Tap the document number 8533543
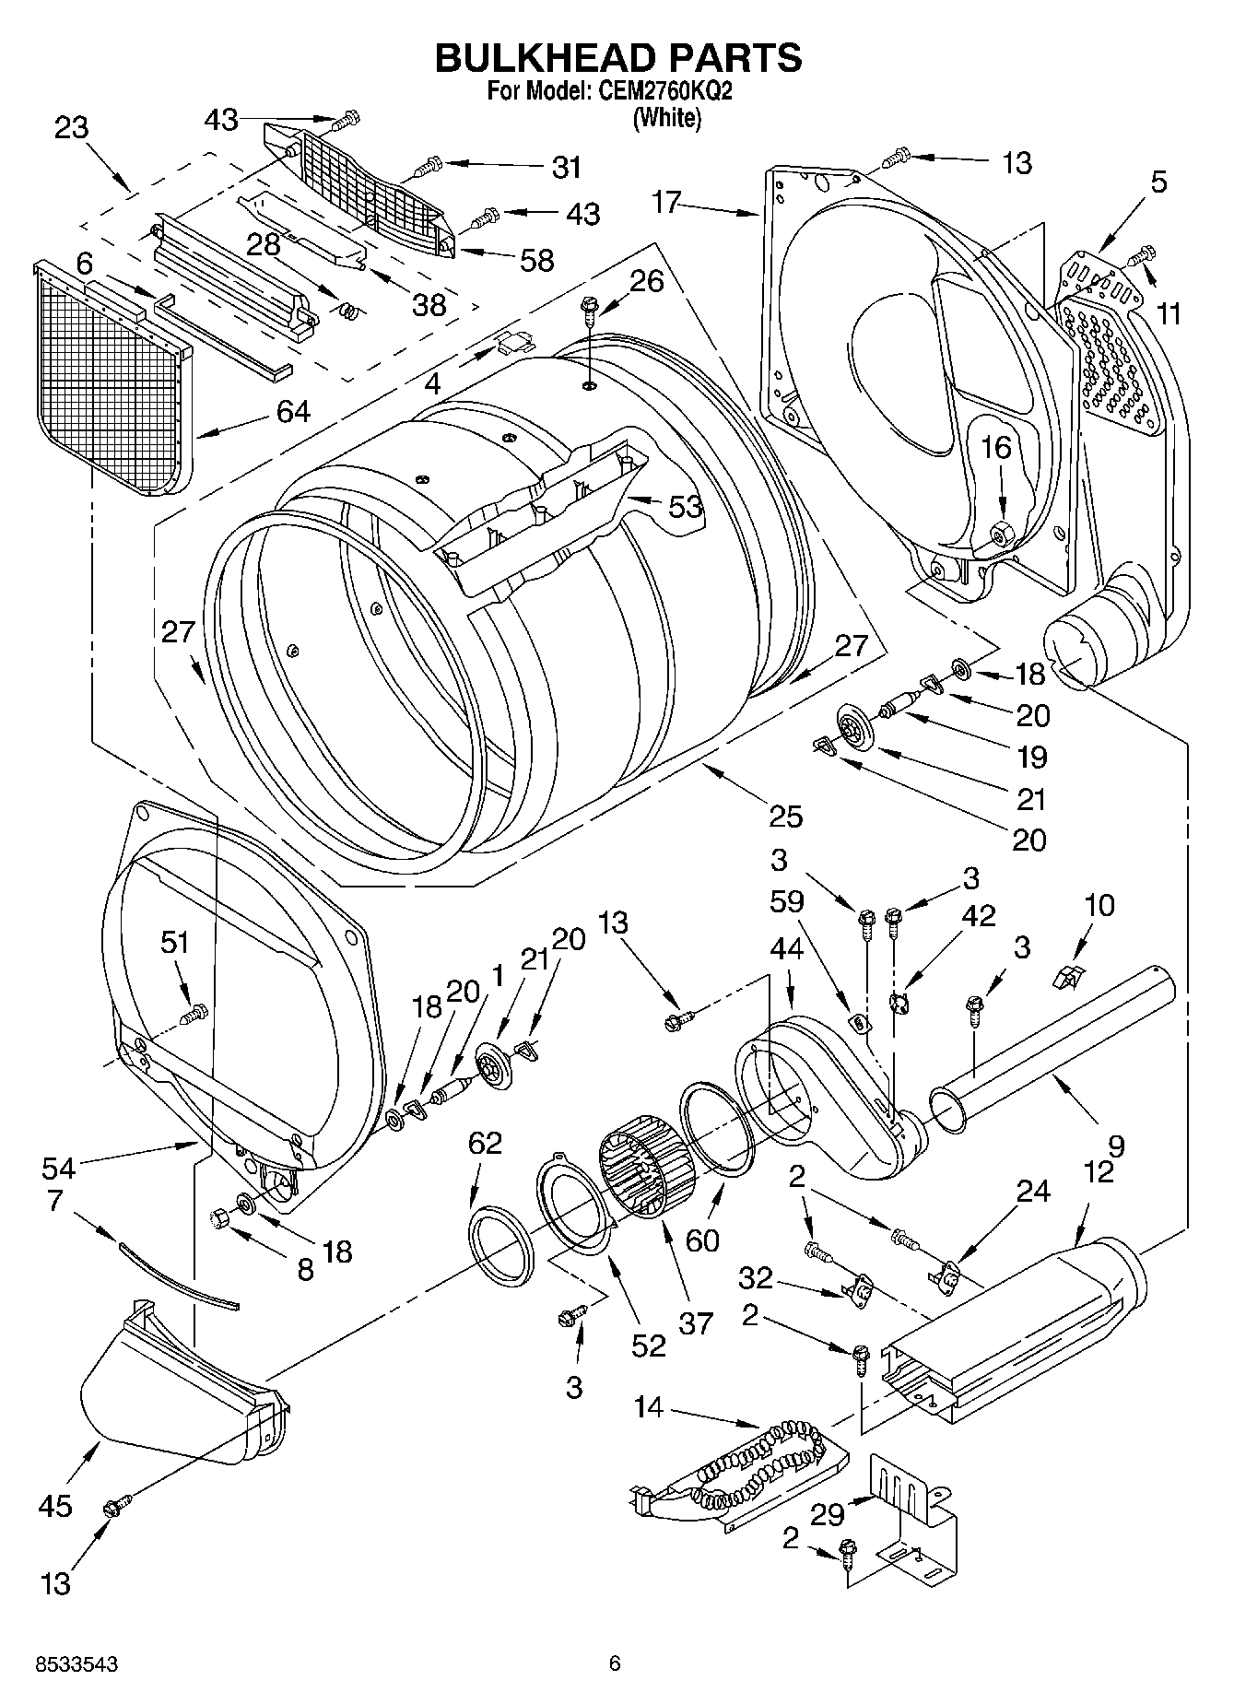point(76,1664)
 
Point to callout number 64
point(294,411)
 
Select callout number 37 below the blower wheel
point(697,1322)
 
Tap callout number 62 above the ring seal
point(485,1143)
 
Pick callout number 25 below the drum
point(786,816)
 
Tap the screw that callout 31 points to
point(429,167)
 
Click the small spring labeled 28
point(348,311)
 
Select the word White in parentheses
point(666,118)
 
